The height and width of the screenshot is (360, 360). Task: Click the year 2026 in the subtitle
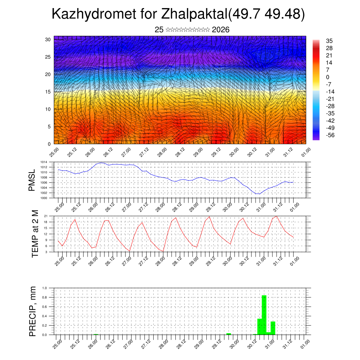point(221,30)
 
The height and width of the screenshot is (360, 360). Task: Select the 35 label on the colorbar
point(329,41)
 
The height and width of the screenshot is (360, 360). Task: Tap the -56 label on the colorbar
point(330,135)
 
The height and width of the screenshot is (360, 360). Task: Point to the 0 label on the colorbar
point(328,77)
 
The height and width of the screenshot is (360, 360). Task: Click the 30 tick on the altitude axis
point(48,39)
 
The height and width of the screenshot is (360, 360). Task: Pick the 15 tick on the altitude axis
point(48,92)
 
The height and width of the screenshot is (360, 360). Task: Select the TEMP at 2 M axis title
point(35,233)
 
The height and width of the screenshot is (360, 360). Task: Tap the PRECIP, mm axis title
point(33,311)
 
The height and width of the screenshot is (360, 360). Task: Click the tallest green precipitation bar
point(264,315)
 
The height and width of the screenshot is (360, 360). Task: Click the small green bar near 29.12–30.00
point(229,334)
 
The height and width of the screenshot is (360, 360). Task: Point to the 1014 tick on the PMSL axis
point(44,162)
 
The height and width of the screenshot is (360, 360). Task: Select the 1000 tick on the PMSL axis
point(44,198)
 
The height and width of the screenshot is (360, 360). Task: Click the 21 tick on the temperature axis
point(46,216)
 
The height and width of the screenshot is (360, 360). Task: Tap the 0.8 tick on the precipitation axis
point(45,297)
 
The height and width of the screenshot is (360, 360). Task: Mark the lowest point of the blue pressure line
point(258,194)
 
